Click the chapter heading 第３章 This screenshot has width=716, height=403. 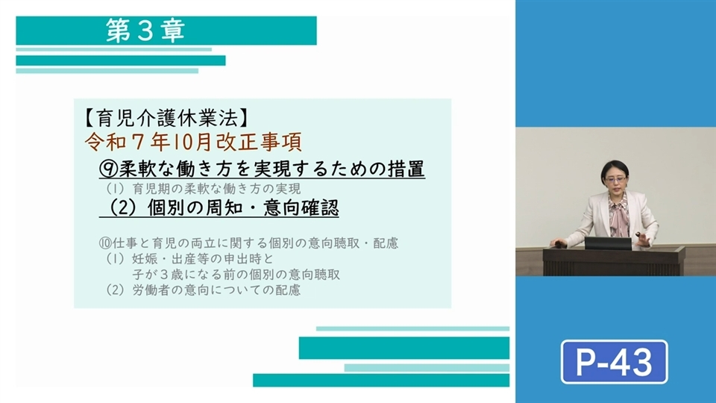pyautogui.click(x=145, y=31)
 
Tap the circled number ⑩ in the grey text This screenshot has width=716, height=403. pyautogui.click(x=105, y=243)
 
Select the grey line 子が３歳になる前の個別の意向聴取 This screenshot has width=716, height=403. pyautogui.click(x=236, y=274)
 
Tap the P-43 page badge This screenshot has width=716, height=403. pyautogui.click(x=614, y=362)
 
